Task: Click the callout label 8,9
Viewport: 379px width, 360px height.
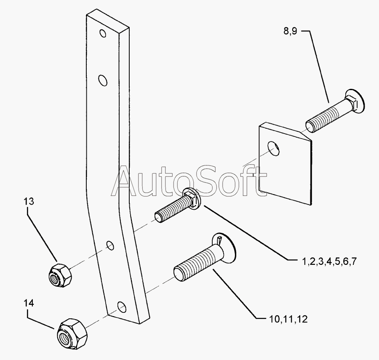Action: coord(290,31)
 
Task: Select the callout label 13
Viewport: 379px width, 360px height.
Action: coord(29,201)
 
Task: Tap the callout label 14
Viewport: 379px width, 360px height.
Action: coord(29,303)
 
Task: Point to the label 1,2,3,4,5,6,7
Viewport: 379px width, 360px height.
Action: coord(329,261)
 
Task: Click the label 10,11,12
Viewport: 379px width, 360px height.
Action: coord(288,319)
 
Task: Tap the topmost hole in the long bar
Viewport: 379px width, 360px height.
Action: coord(103,33)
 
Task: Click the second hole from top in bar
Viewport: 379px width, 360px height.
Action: coord(103,80)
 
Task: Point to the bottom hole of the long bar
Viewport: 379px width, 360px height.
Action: coord(122,307)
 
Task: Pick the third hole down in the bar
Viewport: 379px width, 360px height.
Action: coord(110,245)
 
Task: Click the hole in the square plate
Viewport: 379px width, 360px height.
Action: coord(274,148)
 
